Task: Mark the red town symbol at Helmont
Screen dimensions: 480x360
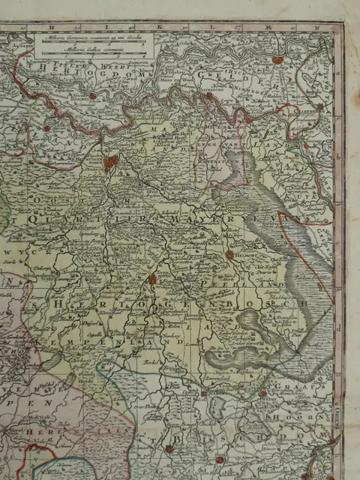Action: point(229,256)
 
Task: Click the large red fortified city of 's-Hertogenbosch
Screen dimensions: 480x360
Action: point(111,163)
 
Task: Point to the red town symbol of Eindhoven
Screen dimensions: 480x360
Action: point(151,279)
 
